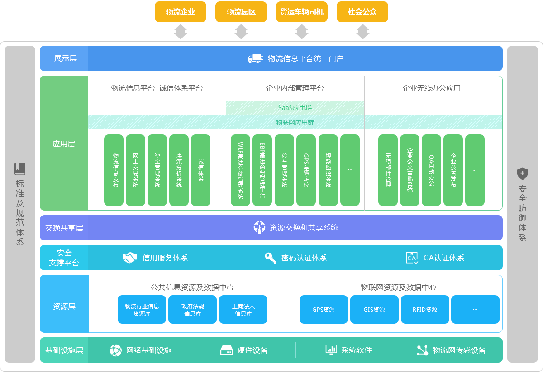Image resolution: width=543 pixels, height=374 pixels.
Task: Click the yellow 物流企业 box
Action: pos(181,12)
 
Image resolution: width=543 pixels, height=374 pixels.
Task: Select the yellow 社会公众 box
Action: pos(362,12)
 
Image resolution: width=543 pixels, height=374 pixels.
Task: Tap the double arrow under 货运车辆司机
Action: pos(302,32)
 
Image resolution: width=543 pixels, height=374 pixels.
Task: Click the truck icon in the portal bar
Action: pos(255,58)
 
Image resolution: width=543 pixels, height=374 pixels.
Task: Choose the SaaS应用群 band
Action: pos(295,108)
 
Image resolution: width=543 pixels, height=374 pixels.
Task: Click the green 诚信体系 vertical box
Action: pos(200,170)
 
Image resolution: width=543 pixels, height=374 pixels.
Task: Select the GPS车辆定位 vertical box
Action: pos(306,170)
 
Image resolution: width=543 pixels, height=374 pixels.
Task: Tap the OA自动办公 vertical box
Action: pos(431,170)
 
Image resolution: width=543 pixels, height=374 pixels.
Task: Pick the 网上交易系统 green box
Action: pos(135,170)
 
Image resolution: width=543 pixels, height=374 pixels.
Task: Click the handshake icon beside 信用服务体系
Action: pos(130,258)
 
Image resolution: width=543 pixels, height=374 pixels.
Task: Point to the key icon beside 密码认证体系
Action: pos(271,258)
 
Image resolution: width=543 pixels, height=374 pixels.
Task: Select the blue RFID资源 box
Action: pos(425,309)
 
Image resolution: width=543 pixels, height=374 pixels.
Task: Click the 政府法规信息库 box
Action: pos(192,309)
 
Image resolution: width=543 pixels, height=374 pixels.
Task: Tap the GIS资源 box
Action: pos(374,309)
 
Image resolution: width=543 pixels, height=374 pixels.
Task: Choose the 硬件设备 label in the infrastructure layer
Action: pos(252,350)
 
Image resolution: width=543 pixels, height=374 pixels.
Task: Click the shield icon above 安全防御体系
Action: pos(523,173)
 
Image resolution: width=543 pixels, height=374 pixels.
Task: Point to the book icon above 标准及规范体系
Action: pos(20,168)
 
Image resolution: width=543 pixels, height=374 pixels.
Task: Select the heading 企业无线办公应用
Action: pos(432,88)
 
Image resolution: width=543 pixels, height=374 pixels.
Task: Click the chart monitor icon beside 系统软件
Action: pos(331,350)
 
